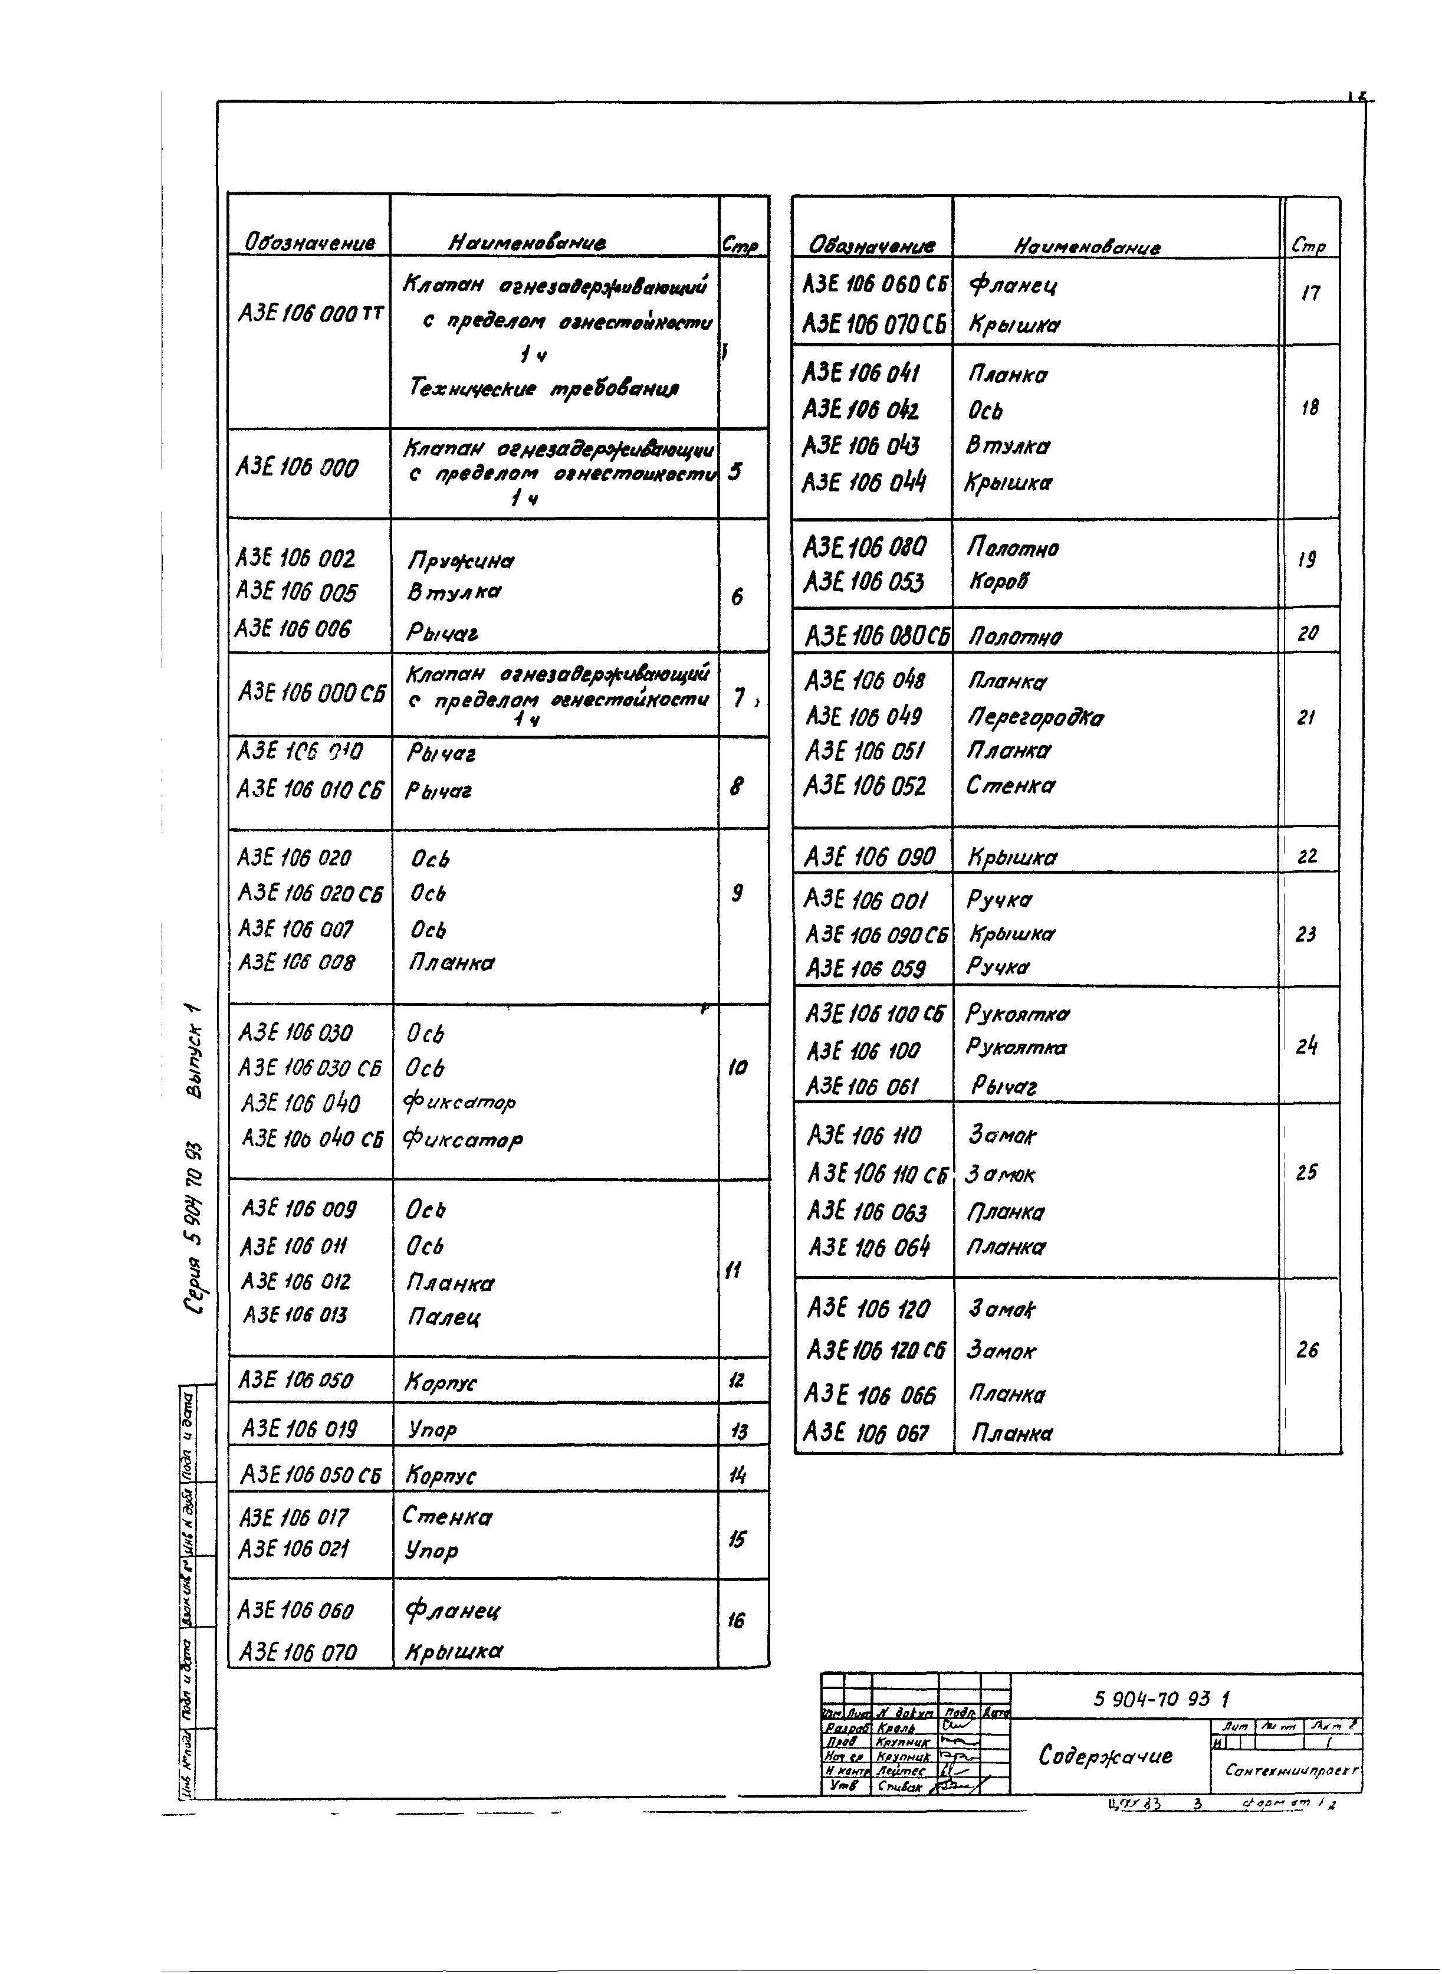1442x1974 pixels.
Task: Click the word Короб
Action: click(x=998, y=582)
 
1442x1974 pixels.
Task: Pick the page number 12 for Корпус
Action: click(x=736, y=1381)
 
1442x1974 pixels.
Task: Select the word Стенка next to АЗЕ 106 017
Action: click(x=447, y=1517)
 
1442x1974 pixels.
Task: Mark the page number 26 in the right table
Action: click(x=1307, y=1350)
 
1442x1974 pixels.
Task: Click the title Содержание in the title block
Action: click(x=1105, y=1756)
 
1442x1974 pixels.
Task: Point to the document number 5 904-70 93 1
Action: click(x=1161, y=1698)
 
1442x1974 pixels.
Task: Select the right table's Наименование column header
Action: click(x=1087, y=247)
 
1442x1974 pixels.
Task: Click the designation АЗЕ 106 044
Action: click(x=863, y=482)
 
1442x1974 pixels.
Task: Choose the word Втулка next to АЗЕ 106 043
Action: click(x=1008, y=446)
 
